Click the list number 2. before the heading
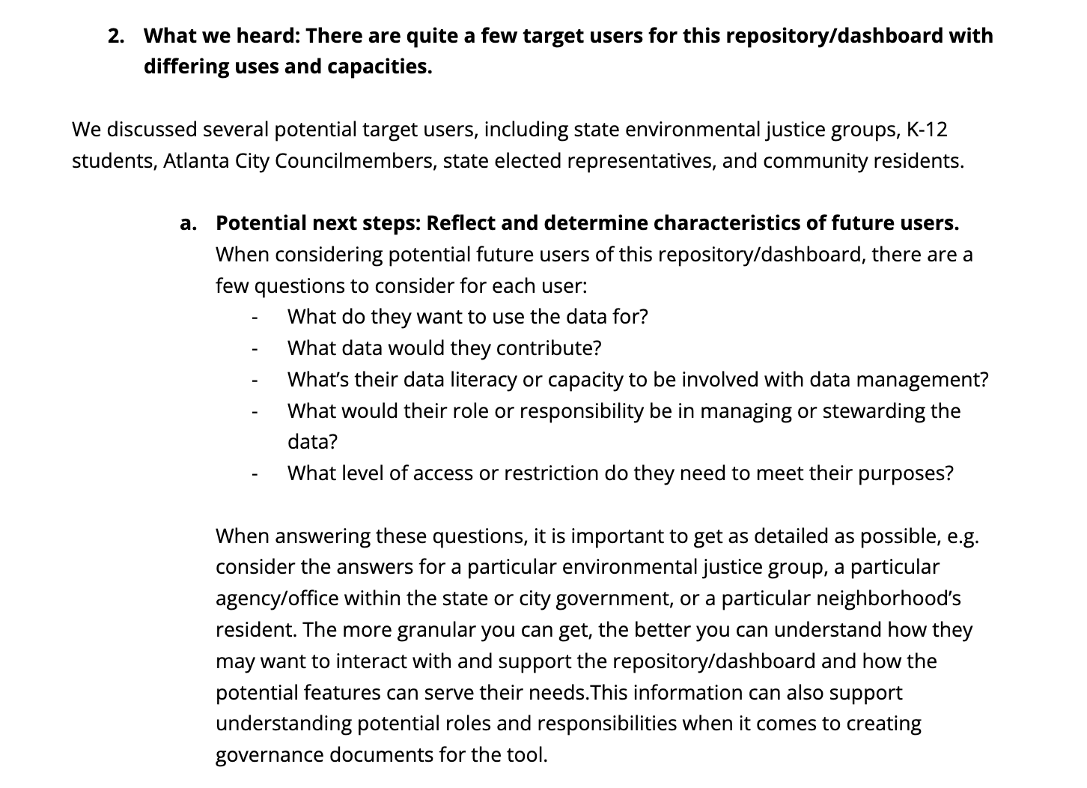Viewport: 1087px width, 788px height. click(116, 36)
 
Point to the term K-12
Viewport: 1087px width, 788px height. click(927, 130)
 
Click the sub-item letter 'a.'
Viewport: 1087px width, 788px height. click(189, 223)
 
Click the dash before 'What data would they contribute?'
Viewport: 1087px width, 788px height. click(255, 349)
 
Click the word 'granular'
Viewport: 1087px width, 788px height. click(436, 630)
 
